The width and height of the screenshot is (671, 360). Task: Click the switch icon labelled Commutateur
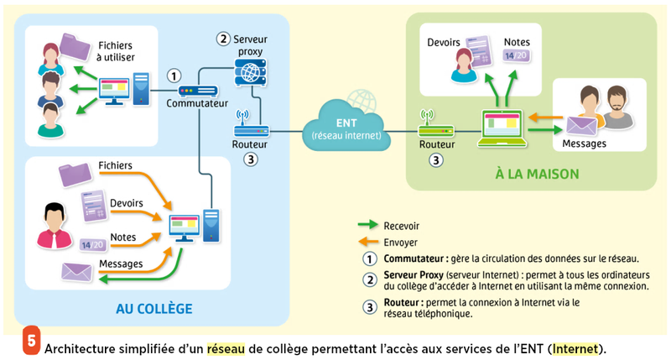pos(198,91)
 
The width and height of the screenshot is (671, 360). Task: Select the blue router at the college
pos(250,131)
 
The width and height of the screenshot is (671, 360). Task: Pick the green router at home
pos(435,131)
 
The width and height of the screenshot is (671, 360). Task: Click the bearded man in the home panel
pos(617,107)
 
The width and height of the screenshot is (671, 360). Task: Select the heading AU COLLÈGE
pos(153,309)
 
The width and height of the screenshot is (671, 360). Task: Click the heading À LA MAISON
pos(527,175)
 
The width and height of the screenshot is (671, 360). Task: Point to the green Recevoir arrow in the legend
pos(367,225)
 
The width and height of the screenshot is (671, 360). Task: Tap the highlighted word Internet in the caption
pos(575,347)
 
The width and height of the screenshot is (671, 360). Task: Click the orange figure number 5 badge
pos(28,343)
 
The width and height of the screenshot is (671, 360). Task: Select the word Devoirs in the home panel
pos(445,41)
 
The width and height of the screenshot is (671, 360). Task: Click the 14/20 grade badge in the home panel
pos(514,56)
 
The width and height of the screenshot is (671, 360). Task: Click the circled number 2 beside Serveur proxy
pos(222,38)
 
